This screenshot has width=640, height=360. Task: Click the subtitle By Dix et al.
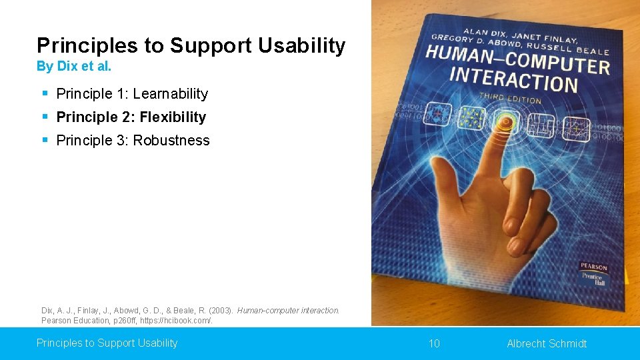[74, 67]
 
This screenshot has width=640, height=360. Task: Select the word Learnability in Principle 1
[170, 94]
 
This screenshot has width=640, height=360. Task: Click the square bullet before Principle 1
[45, 93]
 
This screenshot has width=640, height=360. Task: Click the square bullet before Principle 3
[45, 140]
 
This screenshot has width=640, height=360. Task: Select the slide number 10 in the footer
[434, 343]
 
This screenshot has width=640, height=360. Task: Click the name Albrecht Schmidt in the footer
[547, 343]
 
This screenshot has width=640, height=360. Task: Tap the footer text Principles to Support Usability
[107, 343]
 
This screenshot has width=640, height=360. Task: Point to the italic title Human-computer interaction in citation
[288, 310]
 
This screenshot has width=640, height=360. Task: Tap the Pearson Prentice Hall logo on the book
[593, 273]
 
